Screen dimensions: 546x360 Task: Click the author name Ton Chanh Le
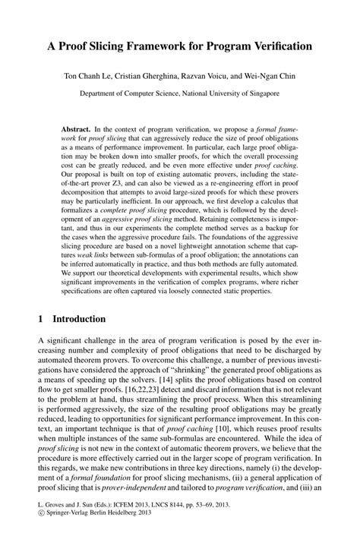[x=92, y=76]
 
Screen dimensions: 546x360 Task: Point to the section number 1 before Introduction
[x=40, y=320]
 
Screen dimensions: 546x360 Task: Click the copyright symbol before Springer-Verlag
[x=41, y=535]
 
